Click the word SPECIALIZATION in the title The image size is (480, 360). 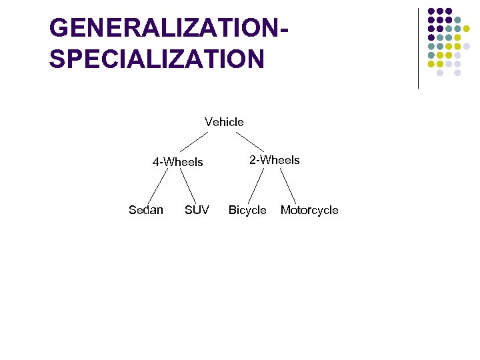point(157,59)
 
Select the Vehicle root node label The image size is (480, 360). point(224,122)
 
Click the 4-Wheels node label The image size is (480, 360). point(177,162)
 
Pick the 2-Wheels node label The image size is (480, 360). point(275,160)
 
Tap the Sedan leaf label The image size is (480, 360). point(145,210)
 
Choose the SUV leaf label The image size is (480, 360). point(197,210)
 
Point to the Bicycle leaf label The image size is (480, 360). point(247,210)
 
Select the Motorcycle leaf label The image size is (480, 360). point(309,210)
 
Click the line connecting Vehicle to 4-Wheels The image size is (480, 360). point(196,141)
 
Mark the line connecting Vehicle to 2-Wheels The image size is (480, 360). point(250,141)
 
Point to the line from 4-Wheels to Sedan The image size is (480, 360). point(157,185)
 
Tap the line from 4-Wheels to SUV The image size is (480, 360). point(187,185)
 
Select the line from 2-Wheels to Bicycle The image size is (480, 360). point(257,185)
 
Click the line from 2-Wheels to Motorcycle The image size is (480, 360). point(287,185)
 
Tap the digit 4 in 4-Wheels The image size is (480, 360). point(156,162)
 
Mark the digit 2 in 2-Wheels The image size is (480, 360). point(253,160)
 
